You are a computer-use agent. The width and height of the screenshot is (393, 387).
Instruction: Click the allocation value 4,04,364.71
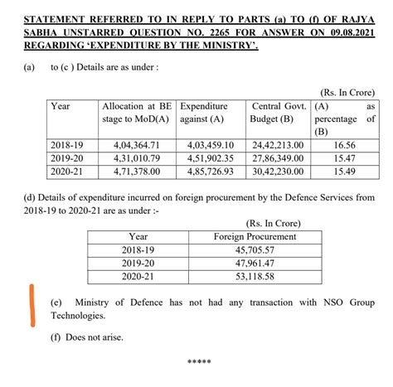(138, 145)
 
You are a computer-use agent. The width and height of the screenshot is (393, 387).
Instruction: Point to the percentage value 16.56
(346, 145)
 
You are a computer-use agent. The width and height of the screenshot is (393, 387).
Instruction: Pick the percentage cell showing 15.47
(346, 157)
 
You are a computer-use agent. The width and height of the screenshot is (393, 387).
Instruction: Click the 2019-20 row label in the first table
(66, 157)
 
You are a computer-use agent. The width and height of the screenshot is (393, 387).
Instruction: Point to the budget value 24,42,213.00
(277, 145)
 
